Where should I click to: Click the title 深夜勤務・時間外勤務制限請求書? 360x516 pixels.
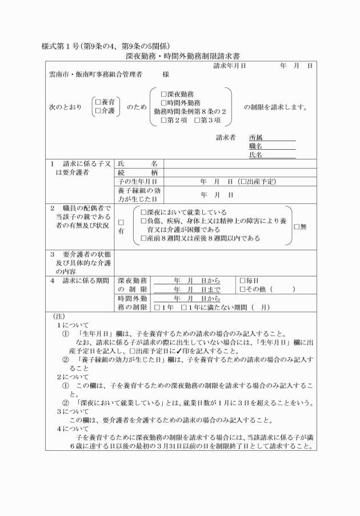(182, 57)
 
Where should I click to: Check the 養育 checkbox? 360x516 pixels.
(98, 102)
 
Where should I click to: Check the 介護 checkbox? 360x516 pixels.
(98, 110)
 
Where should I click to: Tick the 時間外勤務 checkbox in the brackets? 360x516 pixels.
(164, 103)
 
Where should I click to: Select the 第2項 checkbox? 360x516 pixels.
(164, 120)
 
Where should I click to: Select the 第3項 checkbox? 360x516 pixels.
(197, 120)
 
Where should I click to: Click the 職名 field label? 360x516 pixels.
(255, 146)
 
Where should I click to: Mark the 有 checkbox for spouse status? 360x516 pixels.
(121, 222)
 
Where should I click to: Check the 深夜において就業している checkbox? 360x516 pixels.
(143, 212)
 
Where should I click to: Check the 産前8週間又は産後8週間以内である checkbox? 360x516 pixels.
(143, 238)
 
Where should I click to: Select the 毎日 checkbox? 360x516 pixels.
(242, 281)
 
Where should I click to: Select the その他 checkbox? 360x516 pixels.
(242, 290)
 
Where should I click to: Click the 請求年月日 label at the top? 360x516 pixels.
(230, 66)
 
